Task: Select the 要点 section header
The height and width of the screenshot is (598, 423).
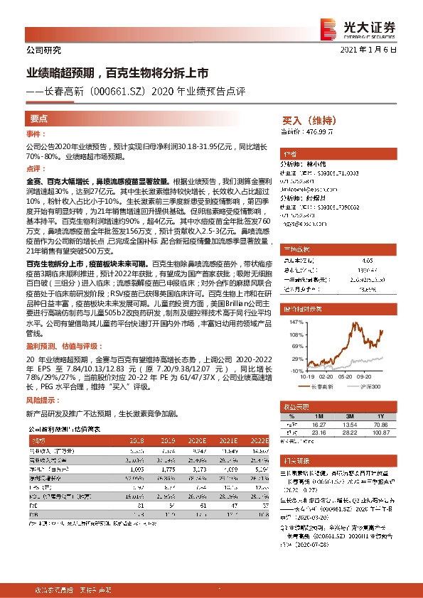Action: [x=39, y=119]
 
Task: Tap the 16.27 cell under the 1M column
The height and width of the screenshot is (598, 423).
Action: [x=318, y=424]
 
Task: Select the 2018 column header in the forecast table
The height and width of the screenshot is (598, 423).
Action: [x=136, y=440]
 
